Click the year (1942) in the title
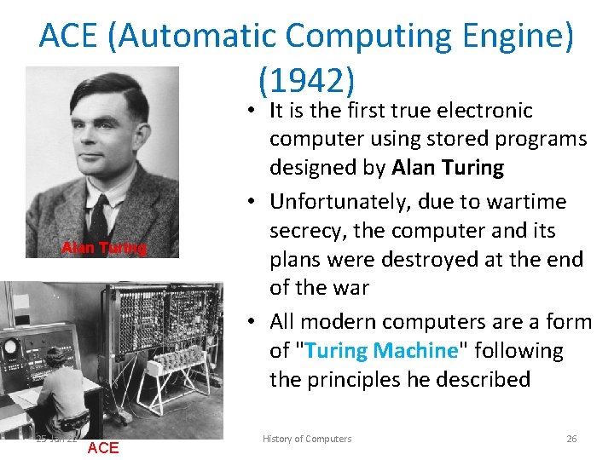tap(306, 80)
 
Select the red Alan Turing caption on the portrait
tap(103, 248)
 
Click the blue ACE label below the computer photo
tap(103, 448)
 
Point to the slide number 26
tap(571, 439)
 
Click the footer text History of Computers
tap(306, 439)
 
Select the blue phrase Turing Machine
tap(381, 350)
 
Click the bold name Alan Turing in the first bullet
tap(448, 168)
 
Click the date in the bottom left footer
tap(56, 439)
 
